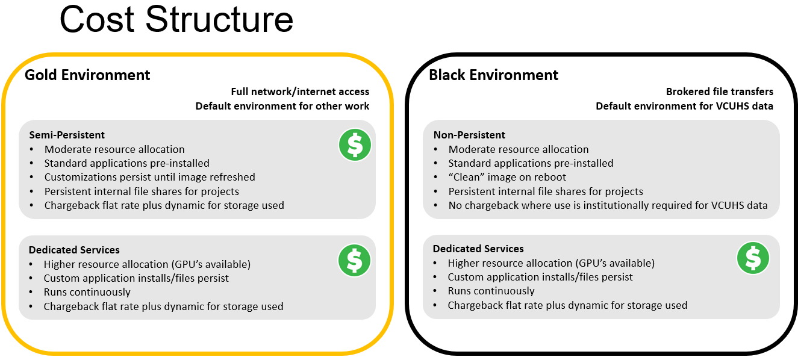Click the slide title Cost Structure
click(x=176, y=19)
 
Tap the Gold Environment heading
click(x=87, y=75)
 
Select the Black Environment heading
click(x=493, y=75)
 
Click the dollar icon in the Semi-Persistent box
click(x=355, y=145)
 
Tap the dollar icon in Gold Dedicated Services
click(x=355, y=260)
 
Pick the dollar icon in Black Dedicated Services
click(x=753, y=258)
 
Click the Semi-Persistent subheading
click(x=67, y=135)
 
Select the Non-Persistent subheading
click(x=469, y=135)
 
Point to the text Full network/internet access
click(x=300, y=92)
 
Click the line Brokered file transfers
click(x=720, y=92)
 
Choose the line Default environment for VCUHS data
click(x=684, y=106)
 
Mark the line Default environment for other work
click(x=282, y=106)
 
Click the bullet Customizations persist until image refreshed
click(x=149, y=177)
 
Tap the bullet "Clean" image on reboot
click(x=507, y=177)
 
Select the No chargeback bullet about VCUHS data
click(x=608, y=205)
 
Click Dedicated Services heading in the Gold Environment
click(x=74, y=250)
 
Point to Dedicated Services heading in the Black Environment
click(x=478, y=249)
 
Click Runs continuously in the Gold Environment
click(x=87, y=292)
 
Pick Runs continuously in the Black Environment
click(x=491, y=291)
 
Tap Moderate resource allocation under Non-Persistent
click(x=519, y=149)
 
